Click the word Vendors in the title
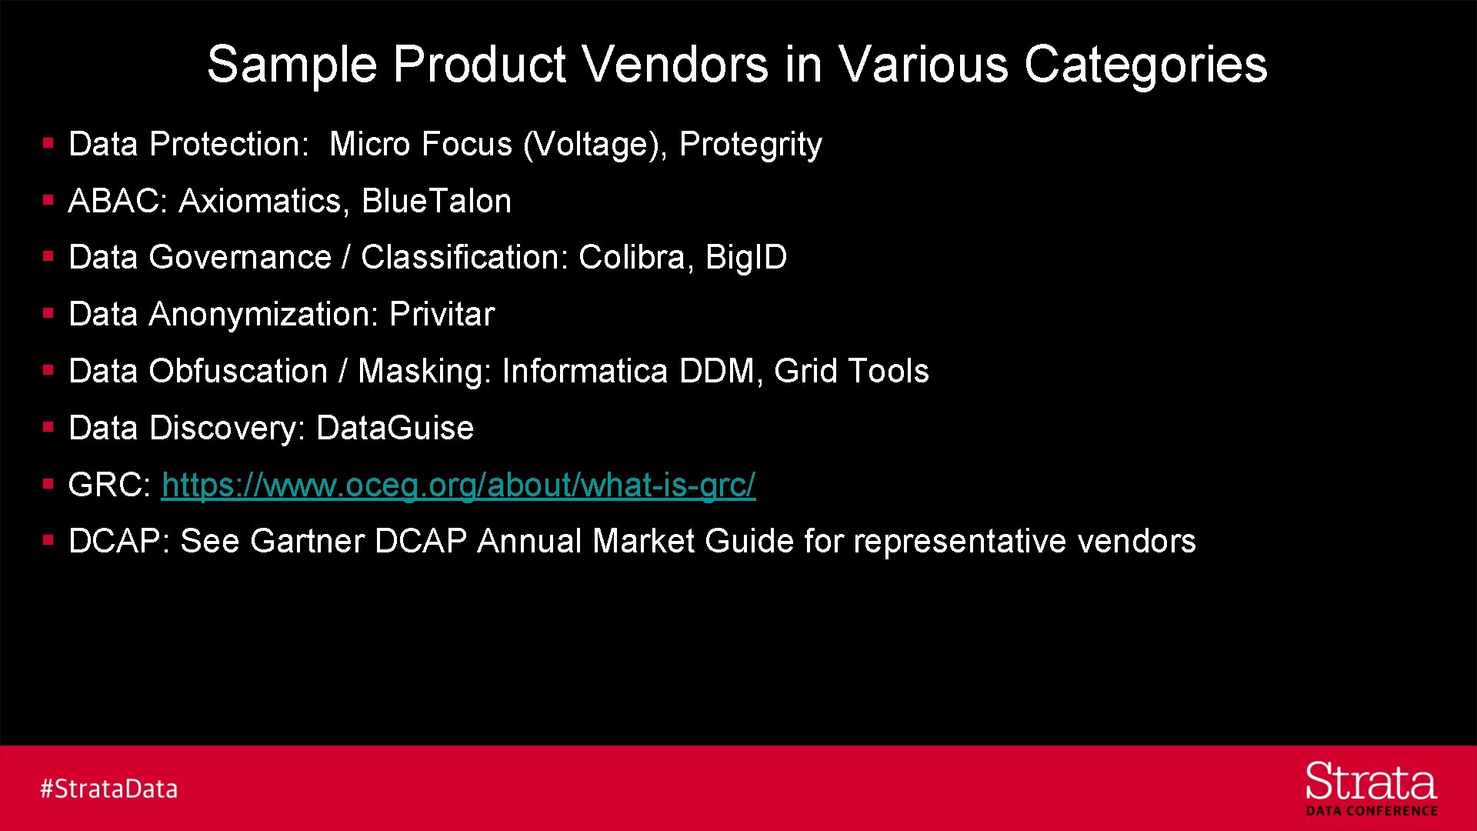(675, 64)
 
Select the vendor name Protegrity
(750, 145)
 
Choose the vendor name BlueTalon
(436, 202)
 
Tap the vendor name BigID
(745, 258)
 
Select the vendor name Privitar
(442, 315)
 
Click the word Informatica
(585, 372)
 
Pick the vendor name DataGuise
(395, 429)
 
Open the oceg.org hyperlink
(458, 486)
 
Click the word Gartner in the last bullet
(307, 542)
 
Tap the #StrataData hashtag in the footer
(109, 789)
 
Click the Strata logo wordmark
(1371, 783)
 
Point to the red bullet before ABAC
(48, 200)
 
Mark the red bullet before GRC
(48, 484)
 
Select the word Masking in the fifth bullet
(424, 372)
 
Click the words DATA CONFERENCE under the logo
(1372, 811)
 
